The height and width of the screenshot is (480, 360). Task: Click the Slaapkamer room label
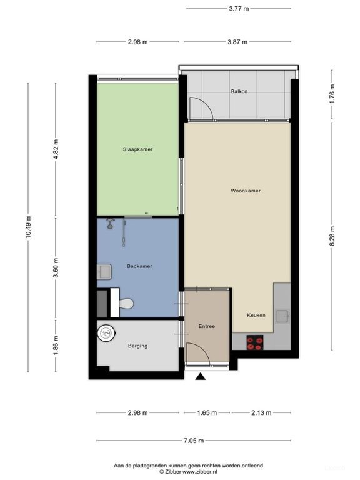pos(137,149)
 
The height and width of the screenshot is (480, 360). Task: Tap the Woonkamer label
pos(246,191)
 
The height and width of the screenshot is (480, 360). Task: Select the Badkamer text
pos(139,266)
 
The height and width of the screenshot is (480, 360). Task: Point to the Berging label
pos(137,346)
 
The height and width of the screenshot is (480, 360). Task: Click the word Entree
pos(207,326)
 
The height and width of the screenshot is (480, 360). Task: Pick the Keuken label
pos(256,315)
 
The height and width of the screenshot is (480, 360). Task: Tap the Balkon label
pos(239,91)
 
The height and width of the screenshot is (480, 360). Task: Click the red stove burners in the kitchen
pos(255,342)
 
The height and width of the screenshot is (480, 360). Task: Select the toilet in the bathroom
pos(126,304)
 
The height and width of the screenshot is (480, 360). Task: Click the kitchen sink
pos(282,316)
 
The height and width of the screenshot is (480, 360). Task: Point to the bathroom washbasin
pos(104,272)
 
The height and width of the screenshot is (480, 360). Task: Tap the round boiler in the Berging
pos(106,332)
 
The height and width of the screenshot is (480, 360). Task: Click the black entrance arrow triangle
pos(201,376)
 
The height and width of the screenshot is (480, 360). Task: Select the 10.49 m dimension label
pos(28,227)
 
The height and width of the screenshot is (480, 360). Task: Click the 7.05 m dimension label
pos(194,441)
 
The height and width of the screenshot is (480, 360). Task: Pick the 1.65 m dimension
pos(207,412)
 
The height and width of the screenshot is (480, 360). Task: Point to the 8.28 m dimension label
pos(332,236)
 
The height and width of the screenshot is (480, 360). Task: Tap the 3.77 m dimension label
pos(239,9)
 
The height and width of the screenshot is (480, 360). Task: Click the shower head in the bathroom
pos(110,224)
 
